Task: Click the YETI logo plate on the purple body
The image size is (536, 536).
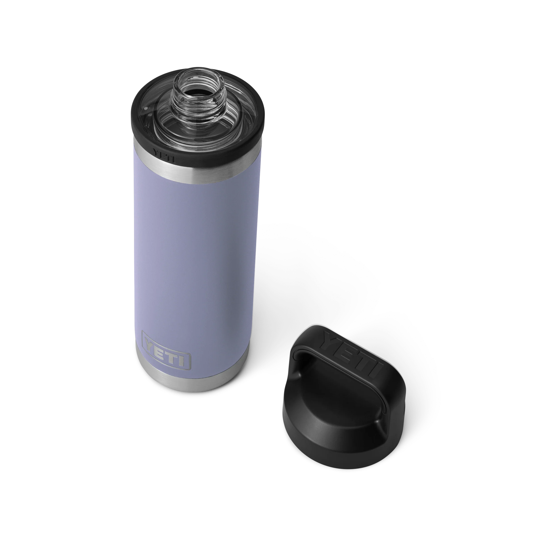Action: pos(166,350)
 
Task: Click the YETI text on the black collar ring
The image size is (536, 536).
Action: pos(164,156)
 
